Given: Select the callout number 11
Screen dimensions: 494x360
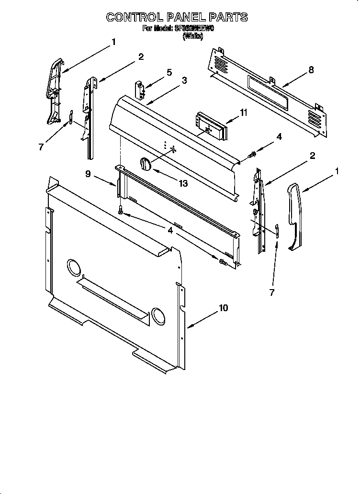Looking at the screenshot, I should (244, 112).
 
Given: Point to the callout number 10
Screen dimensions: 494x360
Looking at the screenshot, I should (223, 308).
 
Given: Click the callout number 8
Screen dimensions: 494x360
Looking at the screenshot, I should (311, 70).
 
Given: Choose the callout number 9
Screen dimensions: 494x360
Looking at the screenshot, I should (88, 174).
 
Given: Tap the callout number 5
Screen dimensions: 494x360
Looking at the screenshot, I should (169, 72).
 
